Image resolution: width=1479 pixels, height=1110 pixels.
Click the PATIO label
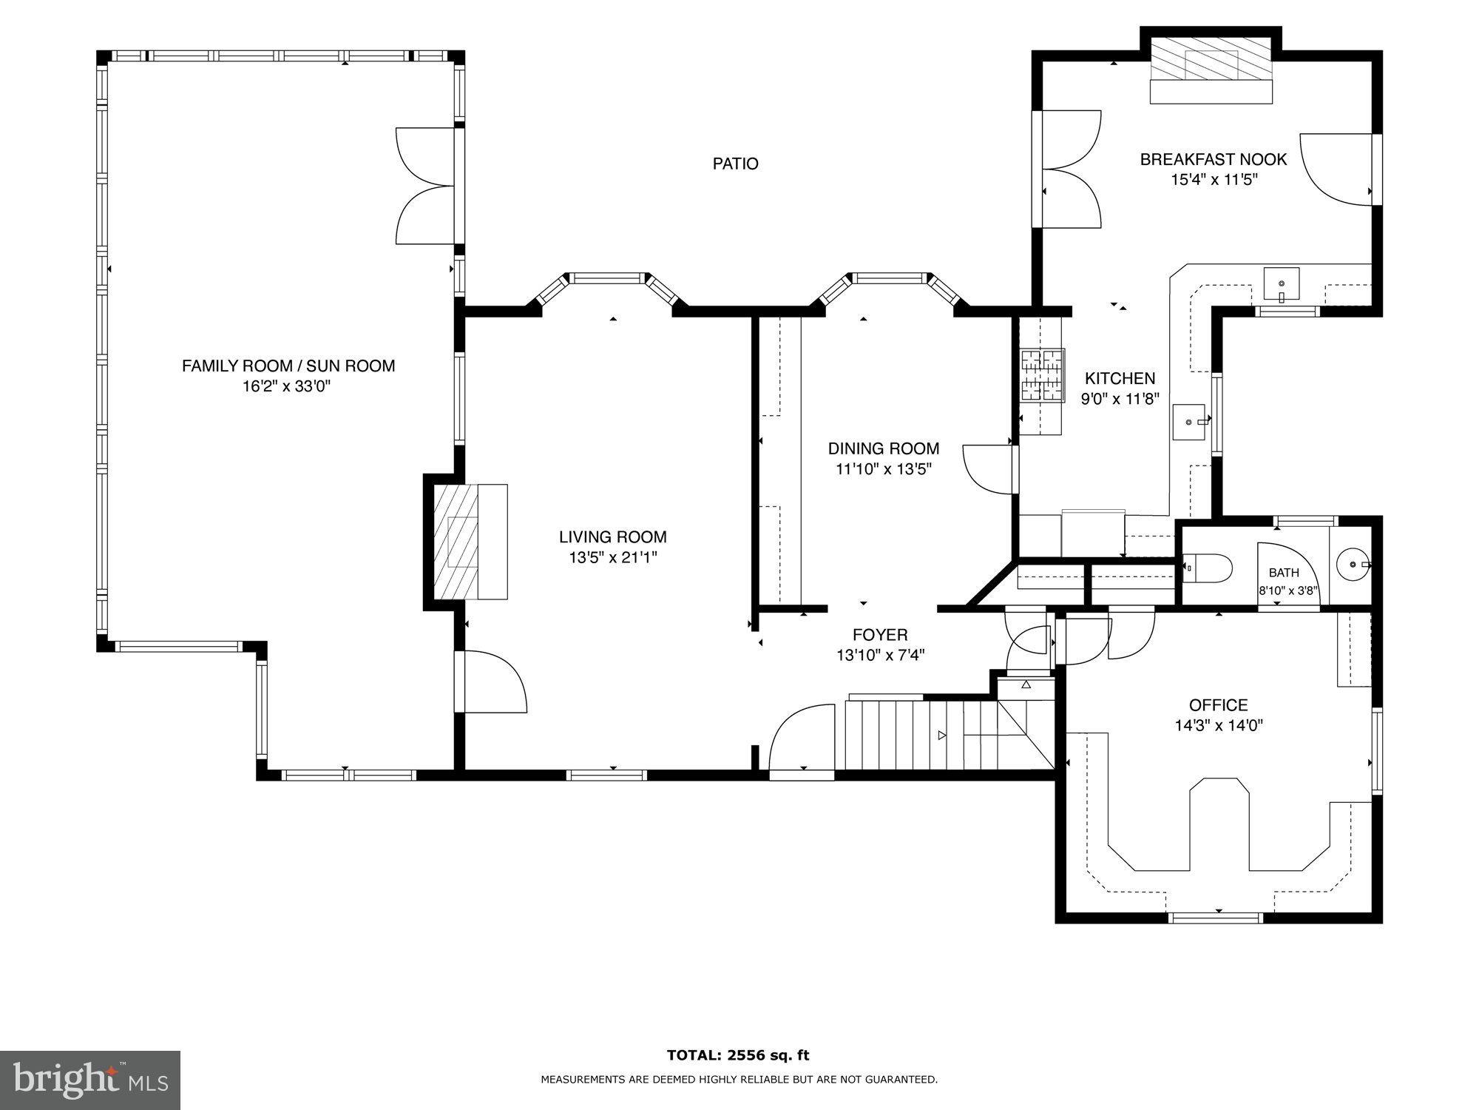click(735, 164)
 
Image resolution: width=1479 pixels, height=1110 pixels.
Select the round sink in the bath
click(1352, 565)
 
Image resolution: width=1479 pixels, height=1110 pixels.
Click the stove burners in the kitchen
click(1043, 375)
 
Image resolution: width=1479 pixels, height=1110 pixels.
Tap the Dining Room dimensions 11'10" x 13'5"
click(883, 469)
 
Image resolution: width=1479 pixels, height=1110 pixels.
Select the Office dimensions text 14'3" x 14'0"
click(1218, 726)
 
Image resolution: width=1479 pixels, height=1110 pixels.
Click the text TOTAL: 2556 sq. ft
click(738, 1055)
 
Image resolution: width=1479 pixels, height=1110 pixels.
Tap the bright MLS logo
click(89, 1080)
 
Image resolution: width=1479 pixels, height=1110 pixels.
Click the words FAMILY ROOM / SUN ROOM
click(288, 366)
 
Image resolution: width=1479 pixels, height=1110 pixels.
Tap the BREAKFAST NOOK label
click(1213, 159)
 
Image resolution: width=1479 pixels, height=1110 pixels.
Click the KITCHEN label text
click(1120, 379)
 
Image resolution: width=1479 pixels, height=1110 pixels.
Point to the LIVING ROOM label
click(612, 537)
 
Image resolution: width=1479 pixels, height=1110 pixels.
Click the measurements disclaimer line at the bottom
click(738, 1080)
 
